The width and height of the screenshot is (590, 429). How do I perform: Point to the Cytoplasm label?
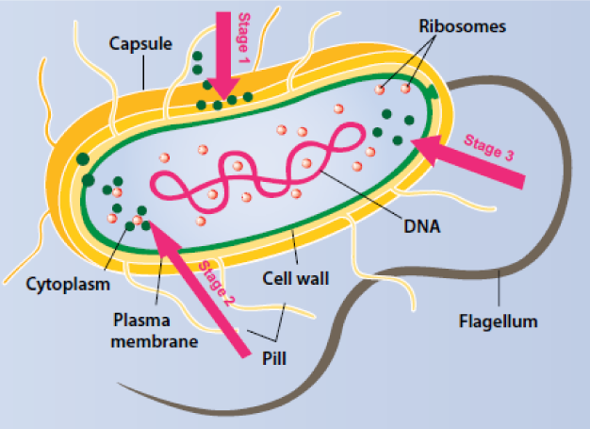[x=68, y=282]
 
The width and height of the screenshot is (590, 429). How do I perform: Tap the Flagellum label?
[x=498, y=322]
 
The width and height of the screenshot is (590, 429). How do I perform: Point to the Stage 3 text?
[x=489, y=148]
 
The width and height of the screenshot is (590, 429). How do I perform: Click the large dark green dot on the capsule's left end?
[x=85, y=158]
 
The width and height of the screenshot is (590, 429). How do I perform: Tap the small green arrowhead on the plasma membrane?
[x=432, y=91]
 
